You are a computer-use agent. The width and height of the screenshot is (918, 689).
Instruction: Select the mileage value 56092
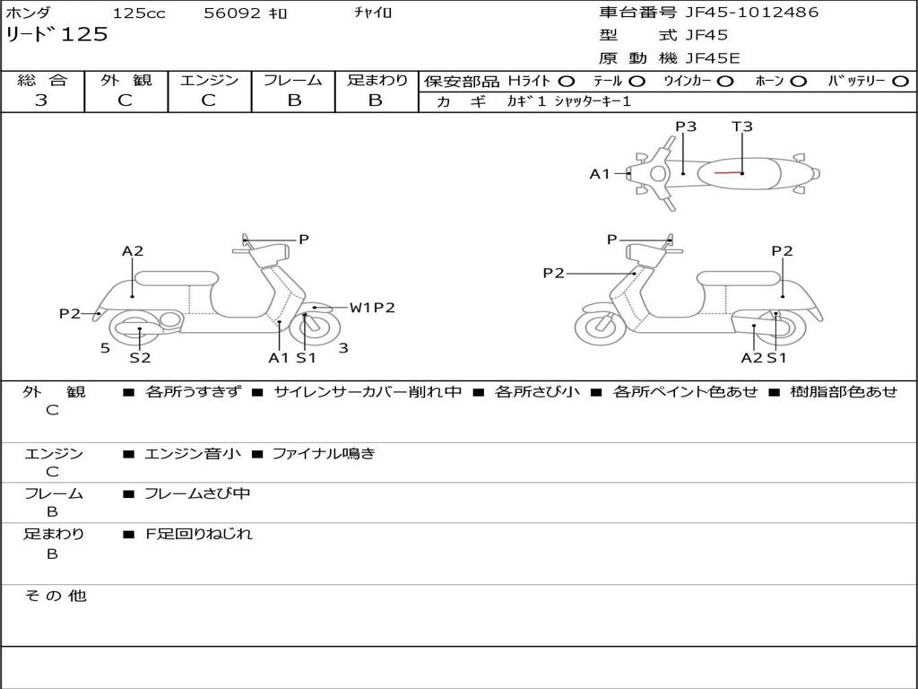(232, 13)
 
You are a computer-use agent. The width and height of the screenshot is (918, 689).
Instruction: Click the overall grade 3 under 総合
(41, 100)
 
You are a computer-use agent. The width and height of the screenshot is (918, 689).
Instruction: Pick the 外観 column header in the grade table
(126, 80)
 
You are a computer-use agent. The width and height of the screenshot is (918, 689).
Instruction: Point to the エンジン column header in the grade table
(209, 80)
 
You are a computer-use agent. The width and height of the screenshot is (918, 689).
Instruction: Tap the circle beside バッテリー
(901, 81)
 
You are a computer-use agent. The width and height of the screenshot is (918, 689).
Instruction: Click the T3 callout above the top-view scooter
(742, 126)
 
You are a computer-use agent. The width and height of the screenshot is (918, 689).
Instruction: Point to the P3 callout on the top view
(686, 126)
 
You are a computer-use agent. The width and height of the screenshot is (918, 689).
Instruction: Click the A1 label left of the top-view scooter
(599, 174)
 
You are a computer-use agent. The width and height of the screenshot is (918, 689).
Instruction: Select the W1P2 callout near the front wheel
(372, 308)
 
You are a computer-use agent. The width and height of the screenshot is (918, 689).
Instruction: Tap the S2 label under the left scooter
(140, 358)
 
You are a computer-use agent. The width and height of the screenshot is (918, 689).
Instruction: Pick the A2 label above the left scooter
(133, 251)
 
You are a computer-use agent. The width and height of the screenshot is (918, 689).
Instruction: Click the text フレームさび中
(197, 493)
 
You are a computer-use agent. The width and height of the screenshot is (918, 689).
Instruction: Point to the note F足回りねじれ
(199, 534)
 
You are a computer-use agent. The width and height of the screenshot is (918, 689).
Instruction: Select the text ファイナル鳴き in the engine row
(323, 453)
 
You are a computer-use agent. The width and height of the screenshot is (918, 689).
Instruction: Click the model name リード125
(56, 35)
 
